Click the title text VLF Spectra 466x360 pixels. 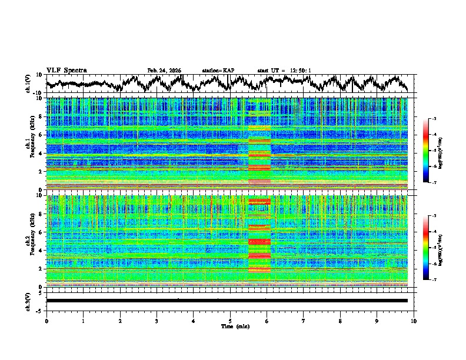(66, 71)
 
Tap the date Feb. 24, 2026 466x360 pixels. (164, 71)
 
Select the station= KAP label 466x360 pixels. (218, 71)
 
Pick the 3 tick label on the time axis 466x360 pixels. (157, 321)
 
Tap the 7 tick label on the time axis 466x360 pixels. (304, 321)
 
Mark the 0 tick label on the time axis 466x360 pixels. (46, 321)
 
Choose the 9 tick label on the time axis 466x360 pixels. (377, 321)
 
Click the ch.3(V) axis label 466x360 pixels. (28, 301)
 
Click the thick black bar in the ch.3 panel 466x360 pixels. (227, 301)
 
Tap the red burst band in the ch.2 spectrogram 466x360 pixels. (259, 241)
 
